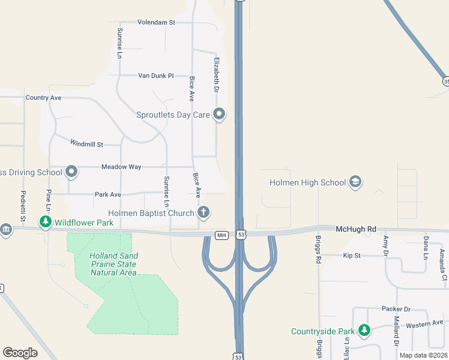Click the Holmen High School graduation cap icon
pyautogui.click(x=355, y=182)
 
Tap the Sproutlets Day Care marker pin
pyautogui.click(x=220, y=114)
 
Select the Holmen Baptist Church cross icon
pyautogui.click(x=204, y=212)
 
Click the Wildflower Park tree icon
pyautogui.click(x=46, y=223)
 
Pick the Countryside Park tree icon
pyautogui.click(x=364, y=331)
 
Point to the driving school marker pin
pyautogui.click(x=72, y=172)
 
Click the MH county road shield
pyautogui.click(x=222, y=235)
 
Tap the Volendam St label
pyautogui.click(x=156, y=23)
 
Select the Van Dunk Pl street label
pyautogui.click(x=155, y=76)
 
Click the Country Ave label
pyautogui.click(x=43, y=97)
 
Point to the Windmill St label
pyautogui.click(x=87, y=143)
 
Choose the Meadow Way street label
pyautogui.click(x=121, y=167)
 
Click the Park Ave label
pyautogui.click(x=108, y=194)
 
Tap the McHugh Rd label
pyautogui.click(x=356, y=229)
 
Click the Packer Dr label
pyautogui.click(x=396, y=309)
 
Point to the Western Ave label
pyautogui.click(x=424, y=324)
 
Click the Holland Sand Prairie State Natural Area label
pyautogui.click(x=113, y=264)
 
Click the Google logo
pyautogui.click(x=20, y=353)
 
